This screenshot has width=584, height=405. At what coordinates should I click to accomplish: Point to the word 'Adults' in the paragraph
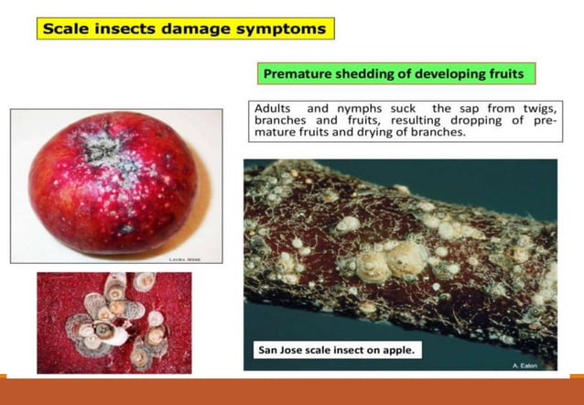pos(272,108)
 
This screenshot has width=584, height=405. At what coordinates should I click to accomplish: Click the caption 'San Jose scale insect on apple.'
pos(334,349)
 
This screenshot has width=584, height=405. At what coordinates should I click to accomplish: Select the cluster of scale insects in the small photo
pos(114,322)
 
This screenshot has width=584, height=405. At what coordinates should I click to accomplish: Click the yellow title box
pos(186,28)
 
